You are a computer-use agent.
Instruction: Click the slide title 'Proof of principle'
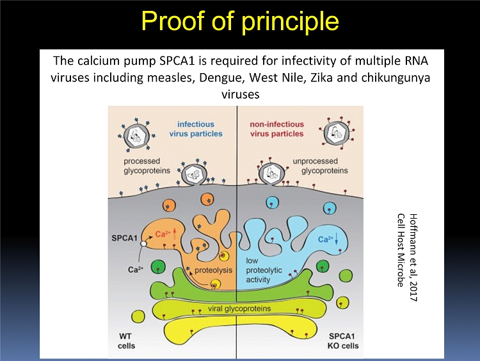tap(240, 21)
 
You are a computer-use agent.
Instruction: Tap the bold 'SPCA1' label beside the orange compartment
tap(125, 239)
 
